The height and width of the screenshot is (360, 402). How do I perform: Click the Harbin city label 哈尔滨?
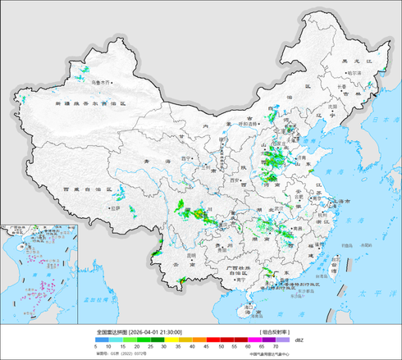354,73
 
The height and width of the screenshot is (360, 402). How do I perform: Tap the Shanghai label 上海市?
339,201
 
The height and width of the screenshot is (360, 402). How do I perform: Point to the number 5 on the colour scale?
96,348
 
